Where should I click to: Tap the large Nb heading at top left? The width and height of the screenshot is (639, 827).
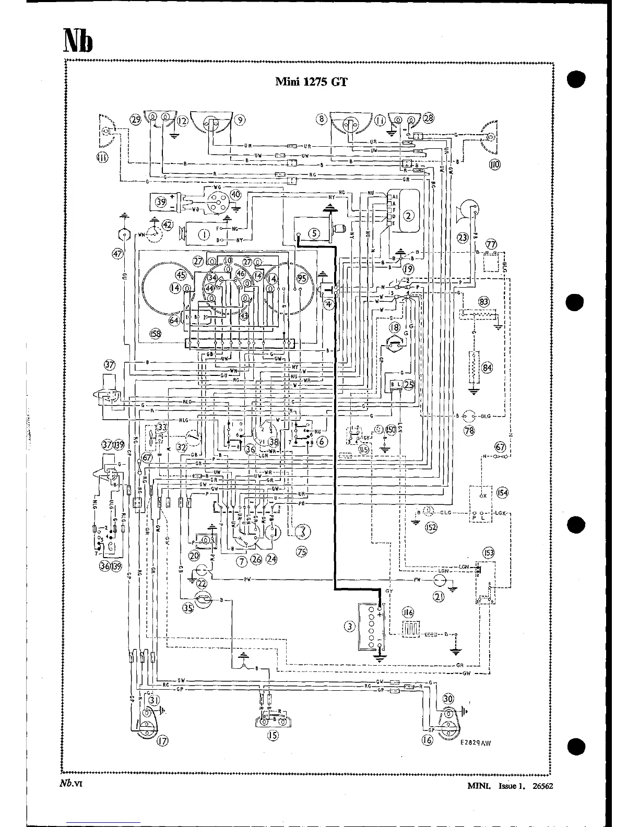point(78,40)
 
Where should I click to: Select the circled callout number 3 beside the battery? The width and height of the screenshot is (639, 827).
point(350,627)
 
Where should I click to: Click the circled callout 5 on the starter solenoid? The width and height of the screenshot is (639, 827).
point(314,233)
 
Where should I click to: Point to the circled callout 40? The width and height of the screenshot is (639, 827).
point(235,195)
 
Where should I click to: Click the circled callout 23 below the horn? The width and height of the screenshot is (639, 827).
point(463,238)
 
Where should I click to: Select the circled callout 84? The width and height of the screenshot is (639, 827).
point(487,368)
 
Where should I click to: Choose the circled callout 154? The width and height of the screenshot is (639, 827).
point(503,492)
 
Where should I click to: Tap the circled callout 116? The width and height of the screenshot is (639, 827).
point(408,611)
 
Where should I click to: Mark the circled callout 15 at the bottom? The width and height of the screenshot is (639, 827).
point(272,736)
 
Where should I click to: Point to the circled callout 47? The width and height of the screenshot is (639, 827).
point(117,254)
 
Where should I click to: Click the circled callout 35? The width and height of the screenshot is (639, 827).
point(188,607)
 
